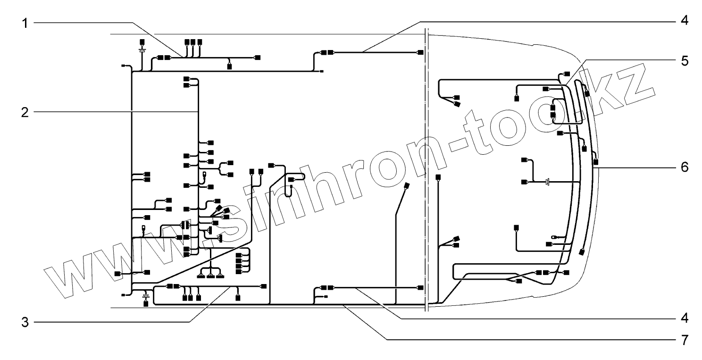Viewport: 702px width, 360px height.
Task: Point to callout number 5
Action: [684, 61]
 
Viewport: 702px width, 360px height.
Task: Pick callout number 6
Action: [684, 167]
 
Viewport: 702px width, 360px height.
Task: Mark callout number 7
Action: [684, 339]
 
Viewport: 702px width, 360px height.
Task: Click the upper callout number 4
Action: [684, 21]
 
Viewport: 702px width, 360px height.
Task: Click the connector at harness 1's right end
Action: [257, 58]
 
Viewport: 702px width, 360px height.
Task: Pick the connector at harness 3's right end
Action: [263, 286]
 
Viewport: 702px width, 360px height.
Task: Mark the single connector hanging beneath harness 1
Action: [230, 66]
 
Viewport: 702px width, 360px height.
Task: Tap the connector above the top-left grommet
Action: [142, 42]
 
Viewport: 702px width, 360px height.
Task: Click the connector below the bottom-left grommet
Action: [145, 303]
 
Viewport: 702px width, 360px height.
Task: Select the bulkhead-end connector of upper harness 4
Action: [420, 52]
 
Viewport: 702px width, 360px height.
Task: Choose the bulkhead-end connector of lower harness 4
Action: [420, 287]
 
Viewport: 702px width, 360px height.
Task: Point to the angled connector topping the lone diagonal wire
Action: [407, 186]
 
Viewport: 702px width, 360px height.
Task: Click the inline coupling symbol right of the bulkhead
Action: [547, 182]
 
